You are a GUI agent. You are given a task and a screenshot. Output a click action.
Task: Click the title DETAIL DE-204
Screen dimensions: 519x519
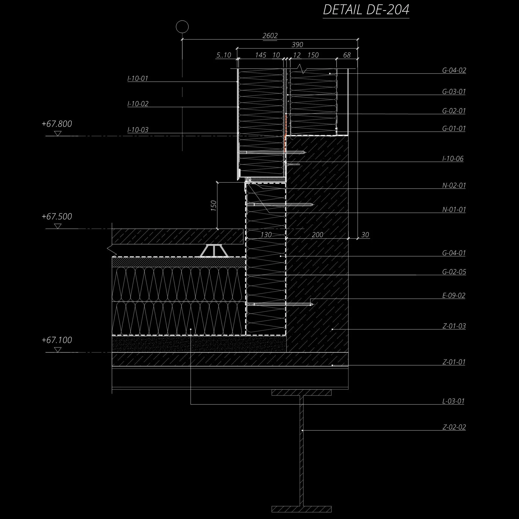366,10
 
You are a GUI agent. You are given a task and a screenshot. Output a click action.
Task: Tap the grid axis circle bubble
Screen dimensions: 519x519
182,27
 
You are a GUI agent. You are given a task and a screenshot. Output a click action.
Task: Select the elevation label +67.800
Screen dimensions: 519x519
57,124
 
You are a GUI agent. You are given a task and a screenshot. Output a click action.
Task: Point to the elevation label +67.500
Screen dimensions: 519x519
57,217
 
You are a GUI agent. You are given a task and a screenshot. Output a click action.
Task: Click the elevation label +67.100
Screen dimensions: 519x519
57,340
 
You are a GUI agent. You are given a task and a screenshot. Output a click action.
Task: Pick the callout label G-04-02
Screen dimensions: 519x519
454,70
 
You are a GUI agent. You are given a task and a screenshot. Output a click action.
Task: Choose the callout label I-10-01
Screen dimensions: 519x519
138,78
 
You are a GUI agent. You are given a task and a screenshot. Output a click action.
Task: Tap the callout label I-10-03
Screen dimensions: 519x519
138,130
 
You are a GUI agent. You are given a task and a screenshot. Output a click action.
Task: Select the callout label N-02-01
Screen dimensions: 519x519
454,185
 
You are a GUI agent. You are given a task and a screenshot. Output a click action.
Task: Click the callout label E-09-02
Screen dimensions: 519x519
454,296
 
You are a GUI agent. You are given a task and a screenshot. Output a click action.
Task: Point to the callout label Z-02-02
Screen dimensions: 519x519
454,427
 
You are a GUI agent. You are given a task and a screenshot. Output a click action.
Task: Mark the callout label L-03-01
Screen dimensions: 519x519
453,401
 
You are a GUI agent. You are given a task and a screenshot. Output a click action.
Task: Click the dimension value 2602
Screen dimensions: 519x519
270,36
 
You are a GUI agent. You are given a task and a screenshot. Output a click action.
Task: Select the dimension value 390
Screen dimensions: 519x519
297,44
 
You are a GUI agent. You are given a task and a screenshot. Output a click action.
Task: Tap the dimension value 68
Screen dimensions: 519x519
347,55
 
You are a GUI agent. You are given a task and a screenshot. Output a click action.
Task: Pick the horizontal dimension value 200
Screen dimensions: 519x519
318,235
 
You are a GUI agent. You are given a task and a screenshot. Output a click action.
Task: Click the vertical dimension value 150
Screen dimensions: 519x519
214,206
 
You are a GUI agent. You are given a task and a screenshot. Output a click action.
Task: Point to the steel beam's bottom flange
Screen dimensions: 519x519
301,509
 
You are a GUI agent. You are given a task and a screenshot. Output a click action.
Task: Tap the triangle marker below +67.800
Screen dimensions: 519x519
58,133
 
